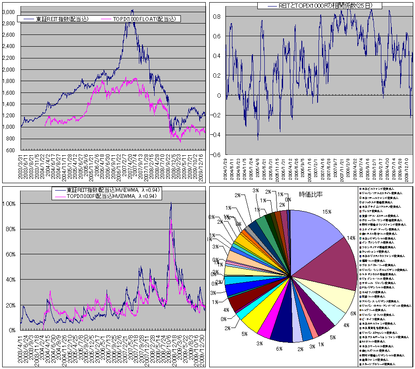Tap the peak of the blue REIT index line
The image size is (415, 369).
click(132, 10)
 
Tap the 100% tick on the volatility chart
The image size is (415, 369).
click(9, 204)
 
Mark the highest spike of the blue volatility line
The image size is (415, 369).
click(171, 203)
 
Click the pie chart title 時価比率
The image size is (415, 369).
click(311, 194)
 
